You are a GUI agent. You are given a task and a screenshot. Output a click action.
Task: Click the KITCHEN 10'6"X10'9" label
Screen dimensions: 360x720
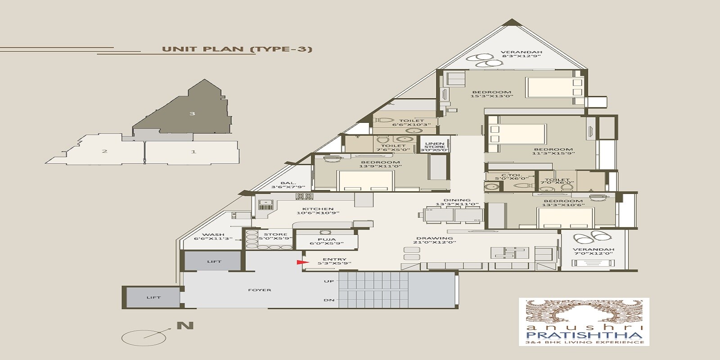point(318,211)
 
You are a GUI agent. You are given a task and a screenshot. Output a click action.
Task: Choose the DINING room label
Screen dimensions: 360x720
point(457,202)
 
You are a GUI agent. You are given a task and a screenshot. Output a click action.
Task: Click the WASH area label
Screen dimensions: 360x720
point(213,237)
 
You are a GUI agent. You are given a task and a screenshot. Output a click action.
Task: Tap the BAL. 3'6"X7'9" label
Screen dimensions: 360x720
point(288,184)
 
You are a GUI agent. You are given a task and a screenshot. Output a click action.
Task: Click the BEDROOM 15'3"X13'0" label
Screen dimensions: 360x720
point(491,94)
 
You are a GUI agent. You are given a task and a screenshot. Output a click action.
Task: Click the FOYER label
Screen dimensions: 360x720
point(260,290)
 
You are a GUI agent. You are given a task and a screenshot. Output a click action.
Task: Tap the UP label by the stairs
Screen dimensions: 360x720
point(329,281)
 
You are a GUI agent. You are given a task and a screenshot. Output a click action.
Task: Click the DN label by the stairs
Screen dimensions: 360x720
point(329,300)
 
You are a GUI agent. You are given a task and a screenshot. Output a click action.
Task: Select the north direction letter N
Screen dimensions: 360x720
point(185,325)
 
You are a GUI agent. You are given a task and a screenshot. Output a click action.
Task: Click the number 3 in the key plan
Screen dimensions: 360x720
point(192,113)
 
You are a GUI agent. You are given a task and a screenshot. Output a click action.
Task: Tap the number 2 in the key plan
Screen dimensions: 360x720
point(104,151)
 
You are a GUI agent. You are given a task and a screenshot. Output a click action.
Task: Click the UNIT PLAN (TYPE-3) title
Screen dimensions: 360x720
point(237,49)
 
